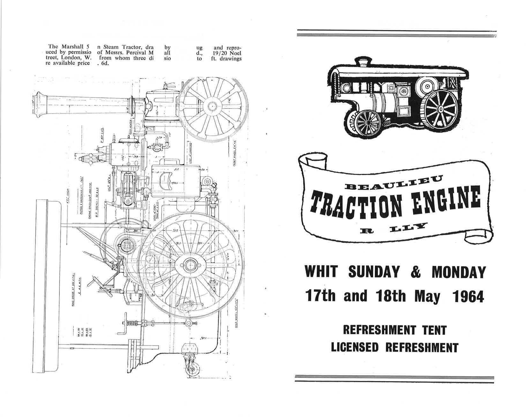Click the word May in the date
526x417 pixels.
click(427, 296)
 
